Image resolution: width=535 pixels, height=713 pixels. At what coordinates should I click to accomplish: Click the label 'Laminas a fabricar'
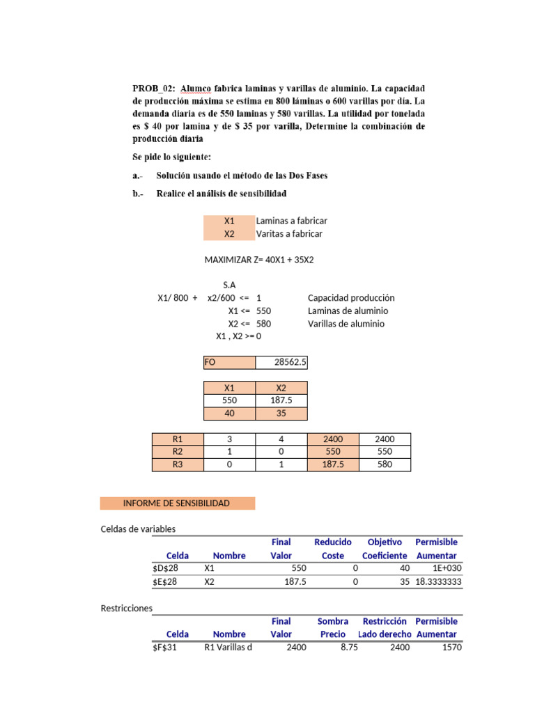click(291, 221)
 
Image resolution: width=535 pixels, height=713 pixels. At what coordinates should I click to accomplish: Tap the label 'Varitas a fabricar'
click(289, 234)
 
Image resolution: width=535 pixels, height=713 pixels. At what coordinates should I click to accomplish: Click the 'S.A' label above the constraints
click(229, 285)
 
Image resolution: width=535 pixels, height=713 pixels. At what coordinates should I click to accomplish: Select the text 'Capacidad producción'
click(351, 298)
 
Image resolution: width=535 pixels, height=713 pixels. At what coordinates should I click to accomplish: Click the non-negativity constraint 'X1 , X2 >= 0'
click(238, 336)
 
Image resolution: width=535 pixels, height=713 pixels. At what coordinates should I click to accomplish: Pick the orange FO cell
click(229, 363)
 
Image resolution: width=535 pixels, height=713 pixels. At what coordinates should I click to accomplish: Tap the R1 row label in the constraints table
click(178, 439)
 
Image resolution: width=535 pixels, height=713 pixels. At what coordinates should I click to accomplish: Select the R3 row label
click(178, 464)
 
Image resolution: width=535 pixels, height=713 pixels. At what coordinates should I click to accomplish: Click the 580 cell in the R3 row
click(384, 464)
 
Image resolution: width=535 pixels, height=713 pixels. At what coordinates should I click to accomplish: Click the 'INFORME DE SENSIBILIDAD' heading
click(176, 503)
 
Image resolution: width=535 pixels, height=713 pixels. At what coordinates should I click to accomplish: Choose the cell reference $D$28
click(165, 568)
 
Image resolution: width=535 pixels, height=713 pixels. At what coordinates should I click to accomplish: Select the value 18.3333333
click(438, 581)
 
